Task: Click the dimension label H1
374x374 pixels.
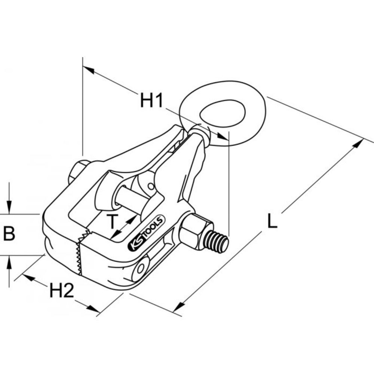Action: pyautogui.click(x=151, y=101)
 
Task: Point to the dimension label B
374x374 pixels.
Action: pyautogui.click(x=9, y=234)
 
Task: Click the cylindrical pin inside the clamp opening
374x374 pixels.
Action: pyautogui.click(x=127, y=198)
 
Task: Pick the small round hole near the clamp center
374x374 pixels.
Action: pyautogui.click(x=150, y=186)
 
